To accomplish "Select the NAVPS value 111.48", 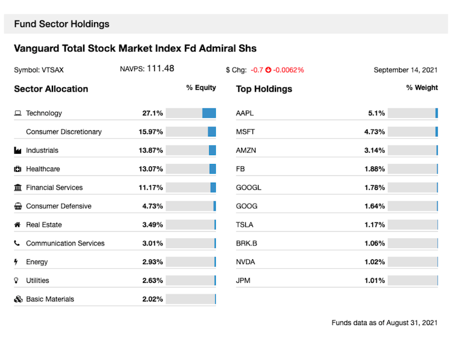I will [160, 69].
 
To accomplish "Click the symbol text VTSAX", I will [52, 70].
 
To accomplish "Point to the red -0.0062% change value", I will [289, 70].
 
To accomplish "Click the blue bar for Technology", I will [209, 113].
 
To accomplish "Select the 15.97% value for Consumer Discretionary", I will [151, 131].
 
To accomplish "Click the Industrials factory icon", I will [18, 150].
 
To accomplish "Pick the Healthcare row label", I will [43, 169].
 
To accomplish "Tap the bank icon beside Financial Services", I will [18, 188].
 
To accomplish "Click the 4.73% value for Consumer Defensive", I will [152, 206].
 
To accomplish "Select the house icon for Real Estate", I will [17, 225].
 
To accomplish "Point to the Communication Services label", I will [65, 244].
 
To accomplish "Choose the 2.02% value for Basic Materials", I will [152, 299].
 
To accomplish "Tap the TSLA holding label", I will [245, 225].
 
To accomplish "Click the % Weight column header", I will [422, 88].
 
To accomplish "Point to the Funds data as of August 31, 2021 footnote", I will [385, 323].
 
